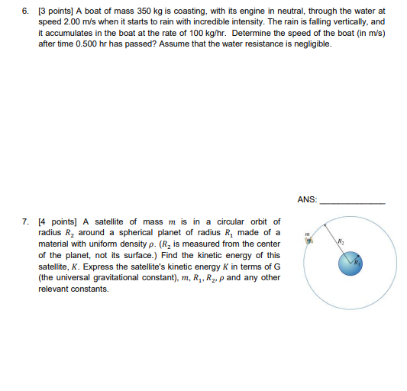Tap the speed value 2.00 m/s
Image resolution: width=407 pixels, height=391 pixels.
(69, 23)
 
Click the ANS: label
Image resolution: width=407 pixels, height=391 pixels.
(306, 200)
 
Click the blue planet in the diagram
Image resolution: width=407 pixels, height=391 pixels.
(350, 264)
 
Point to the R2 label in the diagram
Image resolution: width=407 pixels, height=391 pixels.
(341, 241)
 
